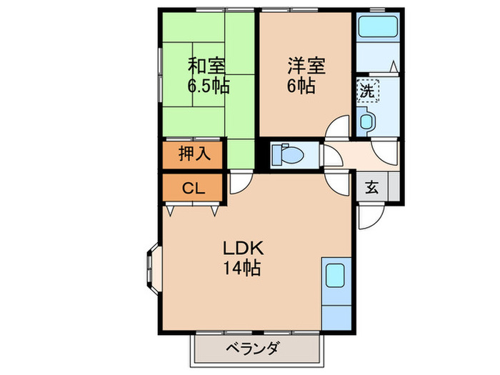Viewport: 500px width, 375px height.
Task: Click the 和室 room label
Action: (207, 66)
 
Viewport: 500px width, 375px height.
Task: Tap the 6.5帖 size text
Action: (208, 87)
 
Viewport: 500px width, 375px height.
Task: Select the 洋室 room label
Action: (306, 66)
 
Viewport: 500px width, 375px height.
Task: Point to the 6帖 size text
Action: (301, 87)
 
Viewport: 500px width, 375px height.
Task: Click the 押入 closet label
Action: (193, 154)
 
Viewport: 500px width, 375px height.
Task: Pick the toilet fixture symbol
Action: (289, 154)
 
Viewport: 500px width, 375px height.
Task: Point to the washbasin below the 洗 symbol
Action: (366, 120)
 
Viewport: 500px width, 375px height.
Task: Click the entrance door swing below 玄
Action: (371, 214)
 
